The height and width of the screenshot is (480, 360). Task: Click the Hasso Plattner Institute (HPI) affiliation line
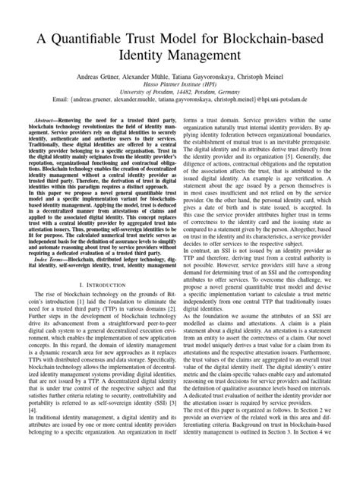pos(180,87)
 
